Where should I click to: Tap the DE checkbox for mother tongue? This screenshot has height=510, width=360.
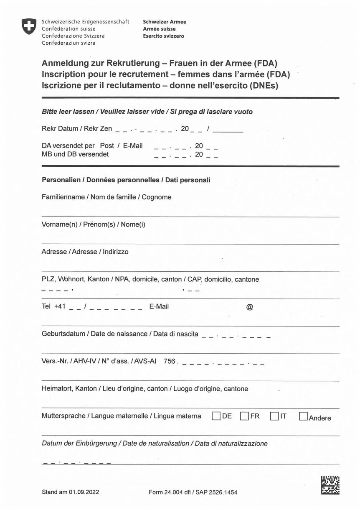(x=216, y=416)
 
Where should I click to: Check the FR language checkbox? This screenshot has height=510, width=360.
(x=244, y=416)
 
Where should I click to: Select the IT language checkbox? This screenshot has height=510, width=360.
(x=274, y=416)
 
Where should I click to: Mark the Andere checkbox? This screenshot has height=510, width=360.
(x=304, y=417)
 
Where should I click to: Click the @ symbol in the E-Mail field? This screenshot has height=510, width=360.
(x=250, y=307)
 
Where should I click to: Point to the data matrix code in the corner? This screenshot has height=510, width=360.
(x=330, y=485)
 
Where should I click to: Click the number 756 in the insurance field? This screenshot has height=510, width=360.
(x=169, y=361)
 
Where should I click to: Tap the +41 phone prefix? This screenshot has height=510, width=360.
(x=60, y=306)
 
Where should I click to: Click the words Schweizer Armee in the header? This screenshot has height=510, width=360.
(x=165, y=22)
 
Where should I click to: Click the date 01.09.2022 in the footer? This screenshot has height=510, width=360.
(x=84, y=492)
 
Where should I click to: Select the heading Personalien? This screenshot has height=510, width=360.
(x=61, y=180)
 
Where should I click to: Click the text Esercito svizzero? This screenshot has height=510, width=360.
(x=163, y=36)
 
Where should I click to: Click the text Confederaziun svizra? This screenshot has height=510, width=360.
(x=68, y=43)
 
